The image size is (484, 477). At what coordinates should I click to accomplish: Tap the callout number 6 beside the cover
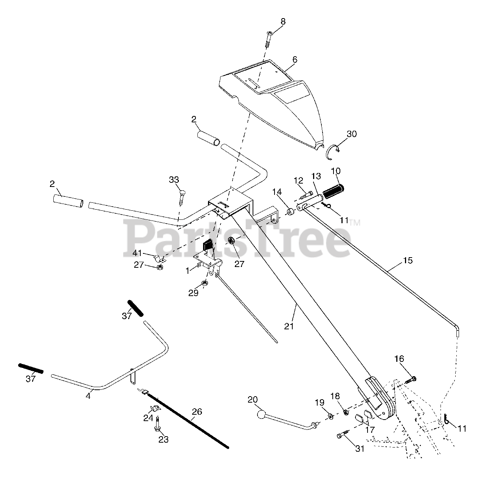295,60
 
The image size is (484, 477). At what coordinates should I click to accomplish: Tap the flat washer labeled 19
331,416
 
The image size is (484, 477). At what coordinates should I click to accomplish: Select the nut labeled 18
346,412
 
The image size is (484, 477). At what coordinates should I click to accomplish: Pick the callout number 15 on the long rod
408,260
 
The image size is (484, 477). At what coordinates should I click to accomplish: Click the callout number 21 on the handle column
289,326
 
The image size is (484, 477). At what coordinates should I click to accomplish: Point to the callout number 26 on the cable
197,412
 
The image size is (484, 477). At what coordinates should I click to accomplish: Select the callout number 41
137,253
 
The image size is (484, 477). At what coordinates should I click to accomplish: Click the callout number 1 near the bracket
188,270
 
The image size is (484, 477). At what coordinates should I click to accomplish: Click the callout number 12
299,181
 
